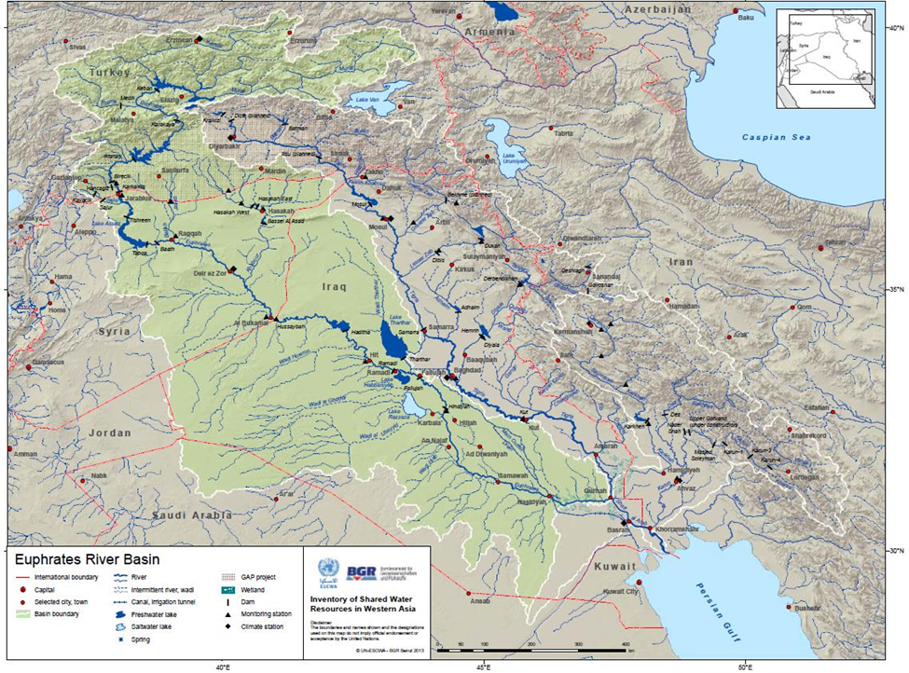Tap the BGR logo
click(x=361, y=571)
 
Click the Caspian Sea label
click(x=776, y=137)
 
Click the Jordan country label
click(x=110, y=433)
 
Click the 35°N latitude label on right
click(x=896, y=290)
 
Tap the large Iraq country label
click(x=334, y=287)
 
